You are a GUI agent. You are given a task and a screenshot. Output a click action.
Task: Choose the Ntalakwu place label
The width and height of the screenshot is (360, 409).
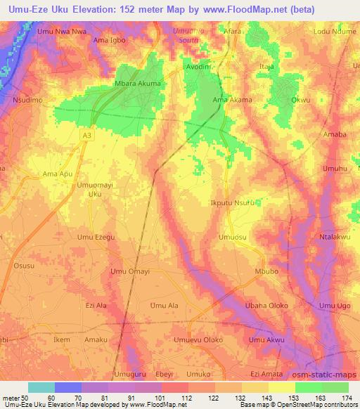335,238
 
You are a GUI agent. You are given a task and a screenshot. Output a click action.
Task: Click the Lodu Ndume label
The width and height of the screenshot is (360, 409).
333,32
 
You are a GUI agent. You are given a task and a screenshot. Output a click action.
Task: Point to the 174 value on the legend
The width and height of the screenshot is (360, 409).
348,398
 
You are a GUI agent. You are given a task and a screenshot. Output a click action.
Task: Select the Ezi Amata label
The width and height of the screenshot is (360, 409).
266,374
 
